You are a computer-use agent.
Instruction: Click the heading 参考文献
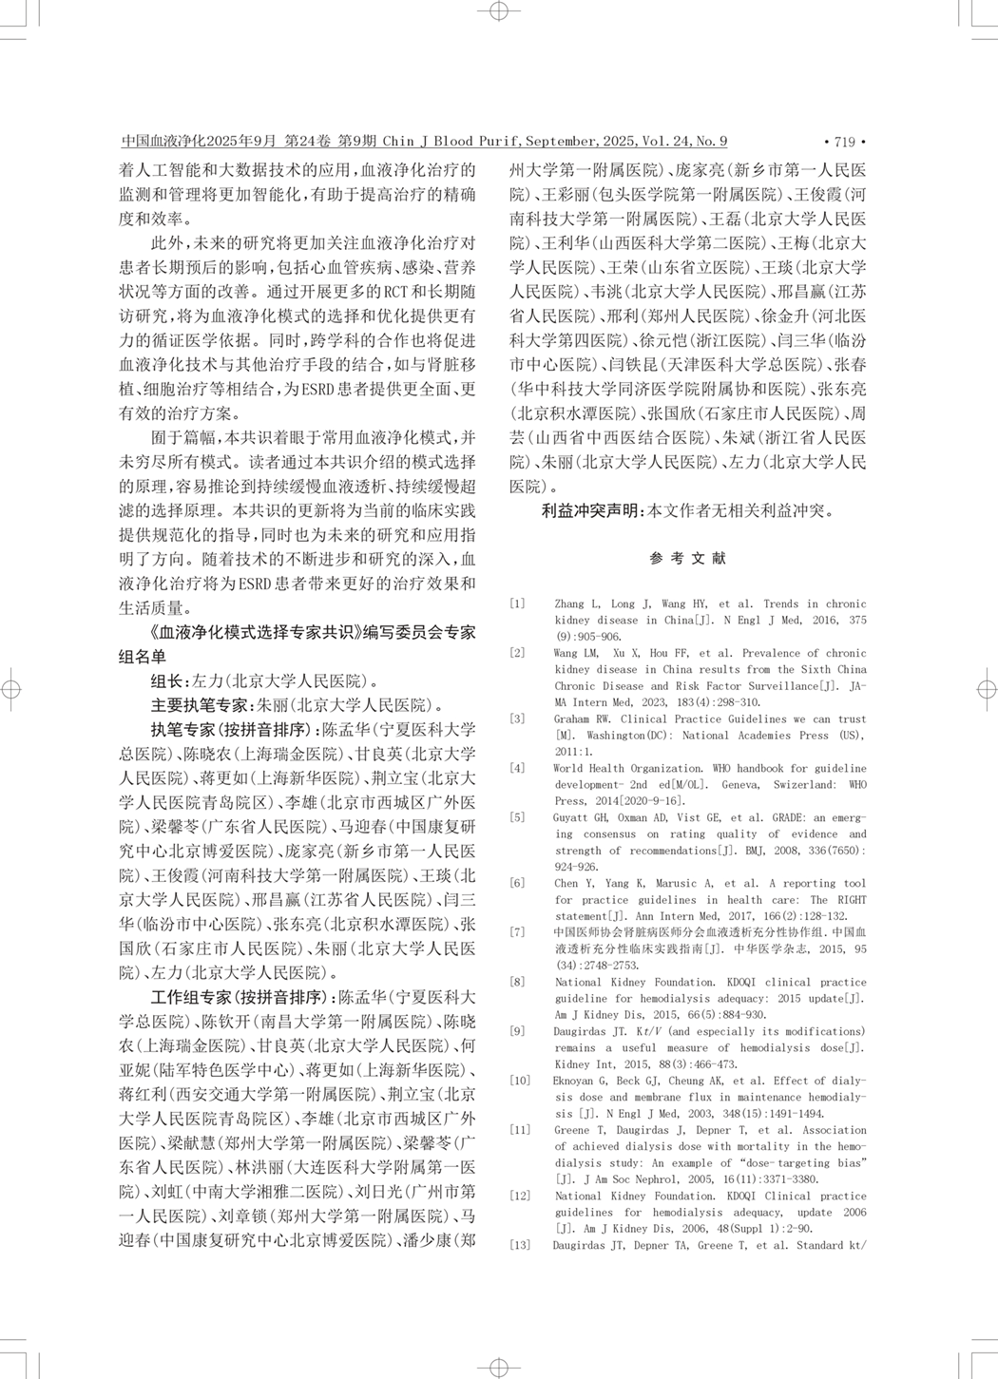[x=687, y=559]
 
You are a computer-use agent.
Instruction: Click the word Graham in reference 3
[x=572, y=719]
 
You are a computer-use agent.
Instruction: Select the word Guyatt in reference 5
[x=571, y=817]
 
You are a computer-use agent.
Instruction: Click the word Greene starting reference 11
[x=574, y=1130]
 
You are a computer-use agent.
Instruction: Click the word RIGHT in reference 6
[x=851, y=899]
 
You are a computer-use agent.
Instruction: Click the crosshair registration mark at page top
[x=498, y=11]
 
